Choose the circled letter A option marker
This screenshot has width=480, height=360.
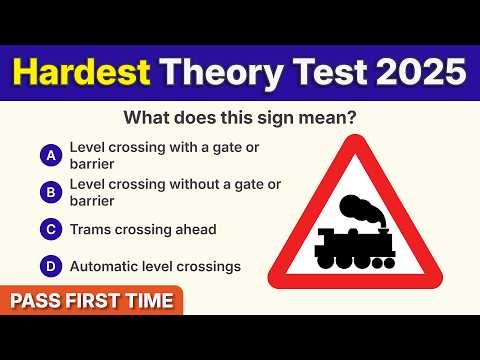click(x=49, y=155)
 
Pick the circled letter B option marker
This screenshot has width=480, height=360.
click(x=49, y=191)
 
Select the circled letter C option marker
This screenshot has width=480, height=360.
click(x=49, y=230)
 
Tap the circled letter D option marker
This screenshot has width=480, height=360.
click(x=49, y=267)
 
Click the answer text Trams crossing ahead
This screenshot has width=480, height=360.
click(x=143, y=230)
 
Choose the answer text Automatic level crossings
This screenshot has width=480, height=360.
click(x=155, y=267)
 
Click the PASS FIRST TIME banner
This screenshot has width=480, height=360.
click(x=92, y=300)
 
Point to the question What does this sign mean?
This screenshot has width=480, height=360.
click(x=240, y=118)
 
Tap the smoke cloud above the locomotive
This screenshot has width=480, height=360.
click(x=359, y=209)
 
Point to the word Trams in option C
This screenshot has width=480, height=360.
click(x=91, y=230)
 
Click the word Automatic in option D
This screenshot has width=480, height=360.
click(x=103, y=267)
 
